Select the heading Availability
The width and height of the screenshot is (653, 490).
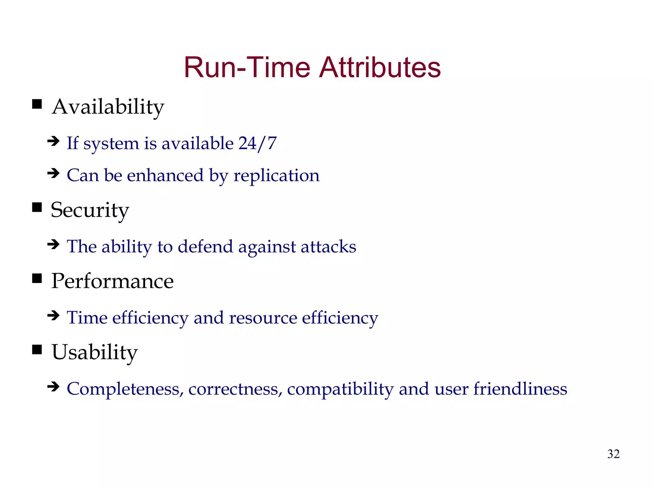click(x=108, y=107)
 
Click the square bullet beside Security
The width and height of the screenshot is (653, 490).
click(x=37, y=207)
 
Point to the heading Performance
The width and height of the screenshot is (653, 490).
click(x=112, y=281)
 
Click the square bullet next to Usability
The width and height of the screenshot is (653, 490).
click(x=37, y=350)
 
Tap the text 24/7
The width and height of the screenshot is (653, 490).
click(x=258, y=143)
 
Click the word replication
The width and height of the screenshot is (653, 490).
click(x=276, y=176)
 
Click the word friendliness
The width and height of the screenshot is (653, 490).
click(x=520, y=389)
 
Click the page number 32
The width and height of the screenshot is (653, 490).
click(x=613, y=454)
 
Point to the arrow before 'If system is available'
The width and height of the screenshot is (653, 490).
click(x=53, y=141)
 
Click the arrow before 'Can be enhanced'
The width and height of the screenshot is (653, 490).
click(x=53, y=174)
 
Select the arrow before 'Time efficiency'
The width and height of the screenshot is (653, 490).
click(x=53, y=316)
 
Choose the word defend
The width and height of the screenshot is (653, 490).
click(x=205, y=247)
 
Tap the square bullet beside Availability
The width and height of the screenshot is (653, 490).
click(x=37, y=104)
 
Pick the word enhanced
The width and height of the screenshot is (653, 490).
click(x=165, y=176)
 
